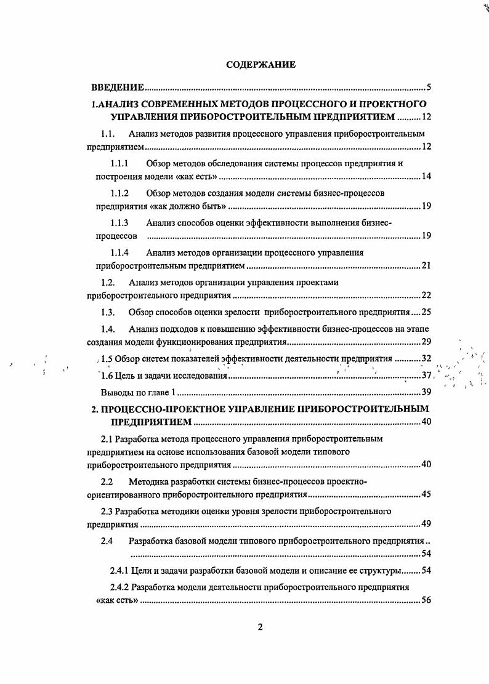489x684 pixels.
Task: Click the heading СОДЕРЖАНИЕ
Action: [x=261, y=64]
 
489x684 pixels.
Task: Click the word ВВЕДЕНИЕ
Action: [x=118, y=87]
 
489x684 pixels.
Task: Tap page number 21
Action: [x=426, y=266]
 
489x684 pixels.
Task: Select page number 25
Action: [x=426, y=312]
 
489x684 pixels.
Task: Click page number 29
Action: [x=426, y=342]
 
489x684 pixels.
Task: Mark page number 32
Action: [x=426, y=358]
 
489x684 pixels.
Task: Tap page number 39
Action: [x=426, y=392]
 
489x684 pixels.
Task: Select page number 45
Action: [x=426, y=494]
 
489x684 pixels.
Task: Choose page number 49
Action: [x=426, y=525]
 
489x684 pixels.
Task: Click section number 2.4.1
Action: [x=120, y=570]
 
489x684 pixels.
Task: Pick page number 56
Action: [x=426, y=601]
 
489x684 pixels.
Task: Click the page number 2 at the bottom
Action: [x=260, y=627]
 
